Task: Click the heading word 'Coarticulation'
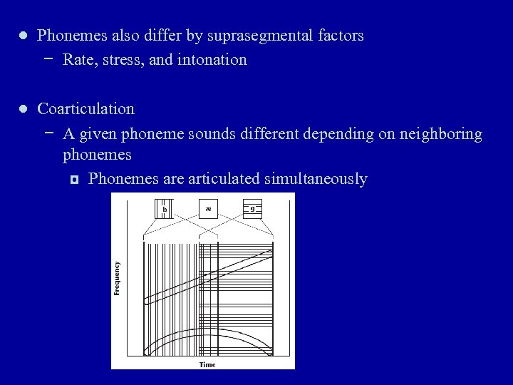click(x=85, y=109)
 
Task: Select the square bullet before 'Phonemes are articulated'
click(x=73, y=179)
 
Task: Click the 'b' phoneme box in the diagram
click(x=165, y=209)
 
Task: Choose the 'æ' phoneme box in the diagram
click(x=209, y=209)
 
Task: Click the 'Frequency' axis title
click(x=117, y=279)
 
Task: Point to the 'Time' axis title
click(x=207, y=364)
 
